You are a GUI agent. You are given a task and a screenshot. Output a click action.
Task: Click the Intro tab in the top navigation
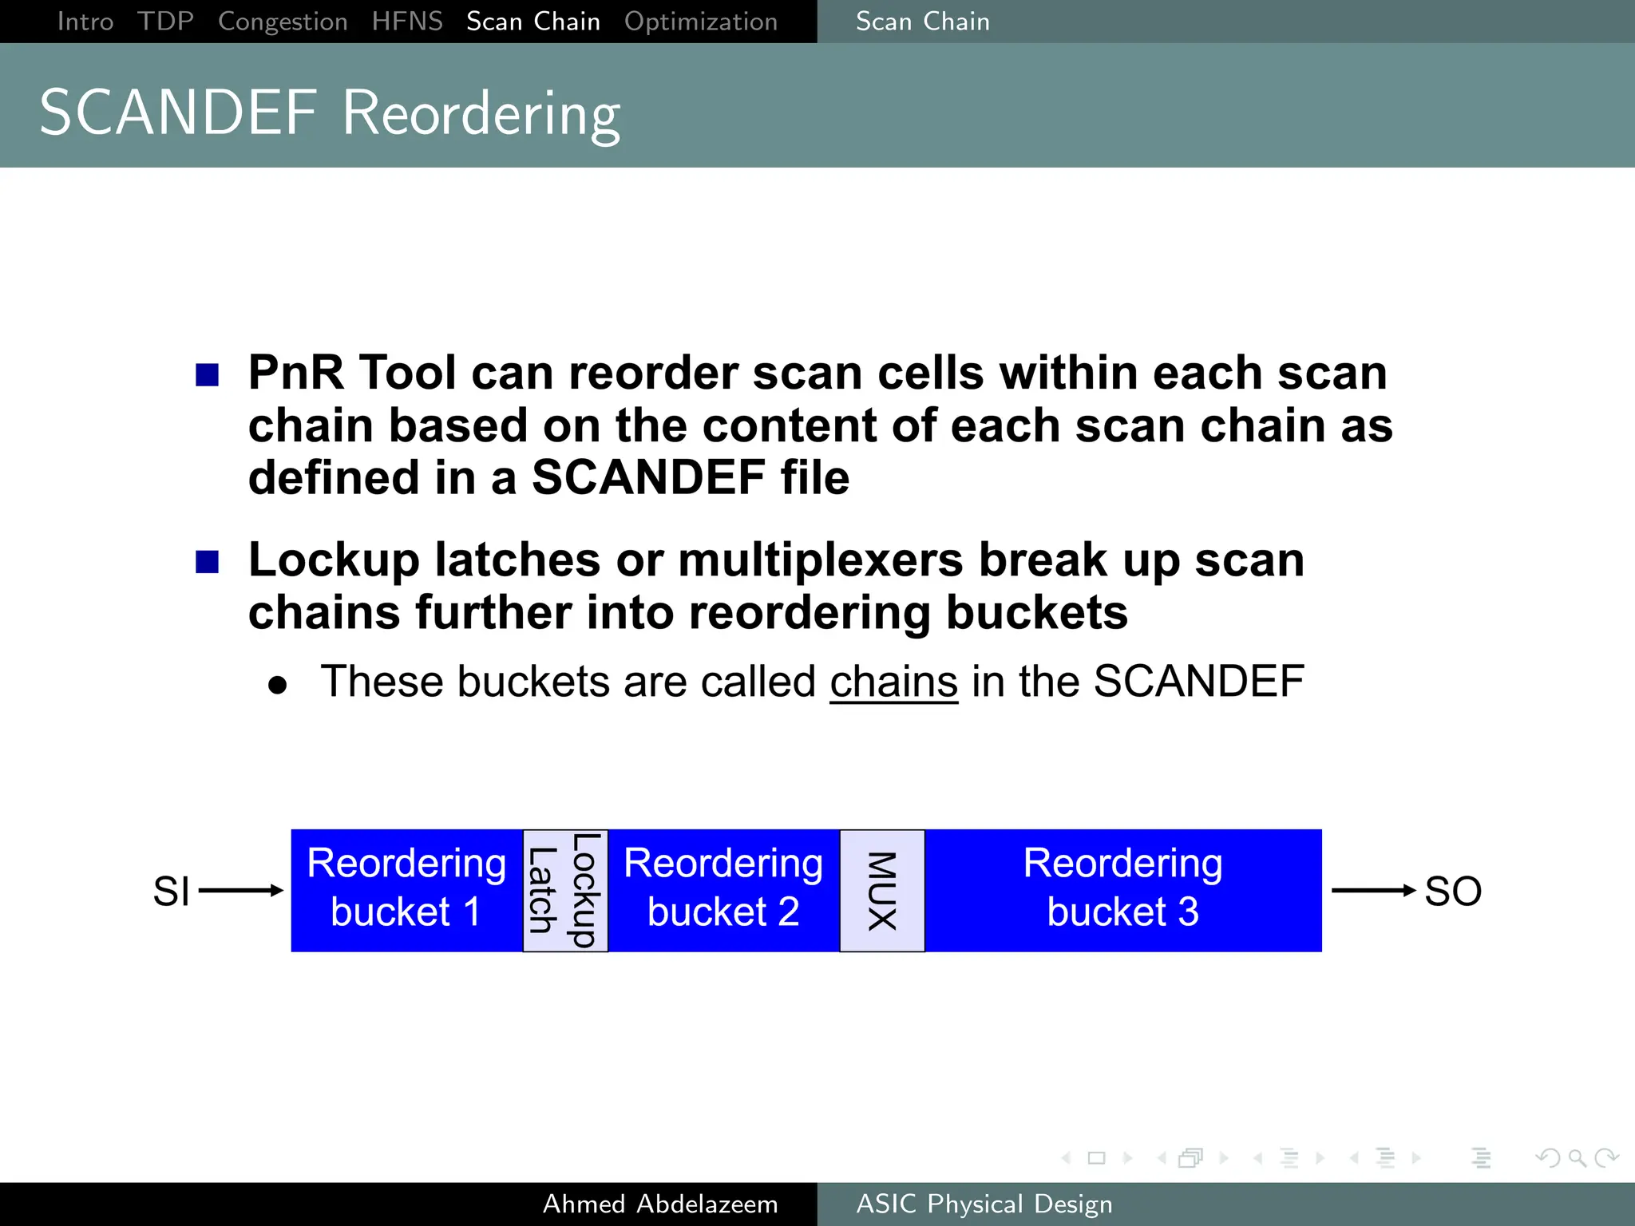(x=85, y=22)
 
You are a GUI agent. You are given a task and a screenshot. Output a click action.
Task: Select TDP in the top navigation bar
(x=165, y=22)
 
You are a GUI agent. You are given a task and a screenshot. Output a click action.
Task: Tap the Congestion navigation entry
(x=283, y=22)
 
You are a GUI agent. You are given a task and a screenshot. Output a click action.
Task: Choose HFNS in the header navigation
(x=407, y=22)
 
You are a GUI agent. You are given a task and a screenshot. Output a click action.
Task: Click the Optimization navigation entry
(x=700, y=22)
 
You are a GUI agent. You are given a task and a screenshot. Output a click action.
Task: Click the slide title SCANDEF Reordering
(x=330, y=113)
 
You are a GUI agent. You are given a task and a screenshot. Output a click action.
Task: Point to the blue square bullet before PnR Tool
(x=208, y=375)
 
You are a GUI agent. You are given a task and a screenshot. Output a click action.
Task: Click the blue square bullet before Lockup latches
(x=208, y=562)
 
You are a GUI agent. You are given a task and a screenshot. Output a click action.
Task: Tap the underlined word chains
(x=893, y=682)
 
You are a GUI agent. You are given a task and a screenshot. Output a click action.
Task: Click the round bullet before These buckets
(x=277, y=685)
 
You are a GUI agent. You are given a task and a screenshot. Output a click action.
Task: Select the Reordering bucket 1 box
(x=406, y=890)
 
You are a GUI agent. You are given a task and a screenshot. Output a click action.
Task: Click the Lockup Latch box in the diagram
(x=565, y=890)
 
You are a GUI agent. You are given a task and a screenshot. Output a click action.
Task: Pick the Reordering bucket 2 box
(x=723, y=890)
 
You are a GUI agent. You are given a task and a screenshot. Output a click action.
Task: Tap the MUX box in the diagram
(x=882, y=890)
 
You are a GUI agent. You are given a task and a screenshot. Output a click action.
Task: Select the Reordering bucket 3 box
(x=1122, y=890)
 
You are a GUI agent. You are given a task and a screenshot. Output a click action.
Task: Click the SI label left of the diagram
(x=171, y=891)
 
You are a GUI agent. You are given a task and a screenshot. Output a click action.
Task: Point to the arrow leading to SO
(x=1372, y=890)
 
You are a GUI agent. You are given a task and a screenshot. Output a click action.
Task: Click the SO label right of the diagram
(x=1453, y=891)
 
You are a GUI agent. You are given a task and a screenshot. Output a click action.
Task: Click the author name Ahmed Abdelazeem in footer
(x=660, y=1204)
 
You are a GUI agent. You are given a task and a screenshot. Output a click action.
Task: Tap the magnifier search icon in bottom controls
(x=1577, y=1157)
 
